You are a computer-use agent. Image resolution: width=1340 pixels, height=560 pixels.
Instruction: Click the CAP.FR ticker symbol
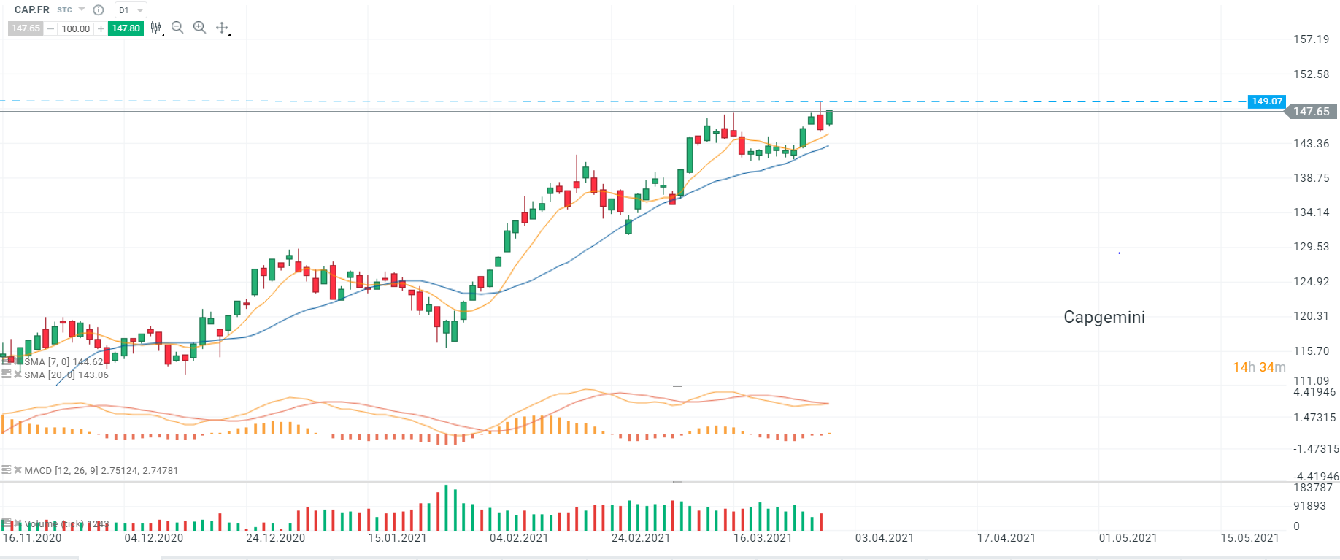(32, 9)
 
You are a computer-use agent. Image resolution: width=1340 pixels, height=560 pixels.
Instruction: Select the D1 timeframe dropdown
(131, 10)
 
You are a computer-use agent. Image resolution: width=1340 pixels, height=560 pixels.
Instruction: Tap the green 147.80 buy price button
(126, 28)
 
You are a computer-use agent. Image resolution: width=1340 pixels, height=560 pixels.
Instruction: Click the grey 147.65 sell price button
(26, 28)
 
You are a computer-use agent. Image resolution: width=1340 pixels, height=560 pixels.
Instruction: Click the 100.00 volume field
(75, 28)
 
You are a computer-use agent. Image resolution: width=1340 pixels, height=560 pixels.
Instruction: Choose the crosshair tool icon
(222, 28)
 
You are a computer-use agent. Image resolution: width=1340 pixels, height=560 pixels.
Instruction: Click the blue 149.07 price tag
(1266, 101)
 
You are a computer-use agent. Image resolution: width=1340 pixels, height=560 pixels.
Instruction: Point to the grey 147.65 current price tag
(1311, 112)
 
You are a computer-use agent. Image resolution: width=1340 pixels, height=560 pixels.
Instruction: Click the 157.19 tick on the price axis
(1311, 39)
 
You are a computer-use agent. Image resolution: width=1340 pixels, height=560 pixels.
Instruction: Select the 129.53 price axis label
(1311, 247)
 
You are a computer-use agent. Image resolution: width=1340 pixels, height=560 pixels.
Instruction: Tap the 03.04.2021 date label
(884, 538)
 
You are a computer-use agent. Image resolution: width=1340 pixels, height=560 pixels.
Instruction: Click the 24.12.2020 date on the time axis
(275, 538)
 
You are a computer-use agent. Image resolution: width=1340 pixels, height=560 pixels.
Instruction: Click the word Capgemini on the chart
(1104, 317)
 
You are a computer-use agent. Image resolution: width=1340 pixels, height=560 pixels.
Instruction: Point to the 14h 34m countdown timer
(1259, 367)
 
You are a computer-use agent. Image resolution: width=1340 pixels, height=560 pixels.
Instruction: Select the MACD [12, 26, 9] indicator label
(101, 471)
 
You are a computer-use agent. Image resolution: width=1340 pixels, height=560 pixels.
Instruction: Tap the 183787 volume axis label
(1312, 488)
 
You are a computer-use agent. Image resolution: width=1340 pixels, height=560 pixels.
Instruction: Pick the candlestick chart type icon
(155, 28)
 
